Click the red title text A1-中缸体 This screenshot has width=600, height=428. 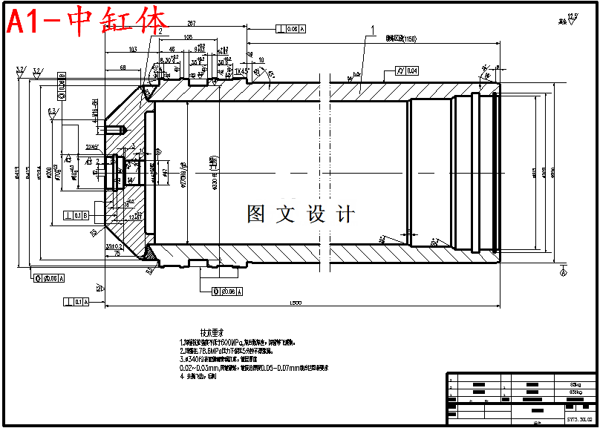tap(88, 22)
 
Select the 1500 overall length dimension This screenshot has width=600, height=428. tap(296, 303)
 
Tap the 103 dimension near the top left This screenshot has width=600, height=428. tap(132, 49)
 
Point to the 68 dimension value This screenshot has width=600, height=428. tap(123, 67)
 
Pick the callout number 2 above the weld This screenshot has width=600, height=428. tap(160, 31)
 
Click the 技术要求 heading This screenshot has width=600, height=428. tap(212, 332)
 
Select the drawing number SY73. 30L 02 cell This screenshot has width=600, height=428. tap(579, 419)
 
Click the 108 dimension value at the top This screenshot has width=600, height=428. tap(167, 36)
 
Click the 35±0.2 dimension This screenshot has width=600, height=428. tap(114, 246)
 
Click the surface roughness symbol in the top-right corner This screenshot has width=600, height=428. tap(570, 19)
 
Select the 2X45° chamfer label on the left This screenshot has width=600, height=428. tap(93, 147)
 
